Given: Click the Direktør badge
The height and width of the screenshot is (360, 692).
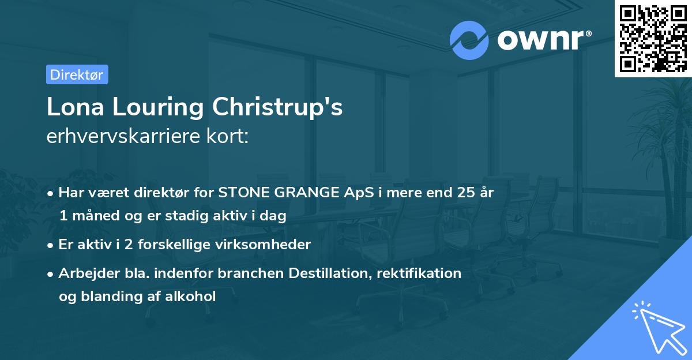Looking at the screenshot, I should (77, 74).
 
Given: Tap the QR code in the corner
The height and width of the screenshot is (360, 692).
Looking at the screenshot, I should (653, 38).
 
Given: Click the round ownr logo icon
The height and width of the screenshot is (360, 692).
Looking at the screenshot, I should (469, 40).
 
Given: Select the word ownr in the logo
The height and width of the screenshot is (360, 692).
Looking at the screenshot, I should (541, 40).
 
